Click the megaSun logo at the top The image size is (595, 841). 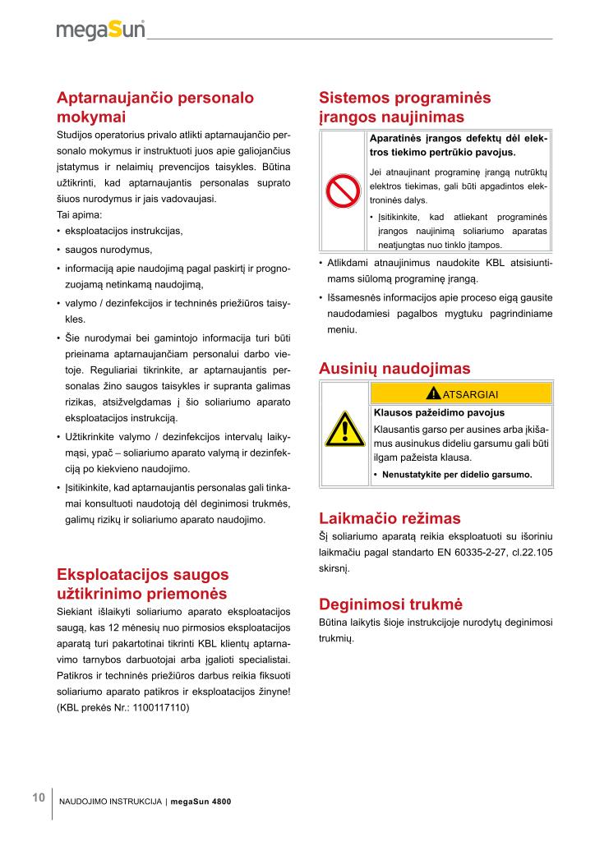tap(100, 30)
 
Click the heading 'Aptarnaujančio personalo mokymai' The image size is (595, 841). tap(155, 107)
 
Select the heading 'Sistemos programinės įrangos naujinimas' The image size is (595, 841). tap(404, 107)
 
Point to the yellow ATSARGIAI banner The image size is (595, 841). tap(461, 393)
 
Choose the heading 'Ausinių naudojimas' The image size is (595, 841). tap(394, 369)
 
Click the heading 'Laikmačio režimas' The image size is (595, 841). tap(390, 518)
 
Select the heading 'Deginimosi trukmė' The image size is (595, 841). tap(391, 604)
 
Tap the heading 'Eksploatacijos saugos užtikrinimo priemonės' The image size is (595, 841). tap(142, 584)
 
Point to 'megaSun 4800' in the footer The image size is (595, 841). tap(201, 802)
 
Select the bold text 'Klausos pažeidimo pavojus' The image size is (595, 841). tap(439, 412)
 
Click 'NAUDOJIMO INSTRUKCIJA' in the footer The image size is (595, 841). tap(110, 802)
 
